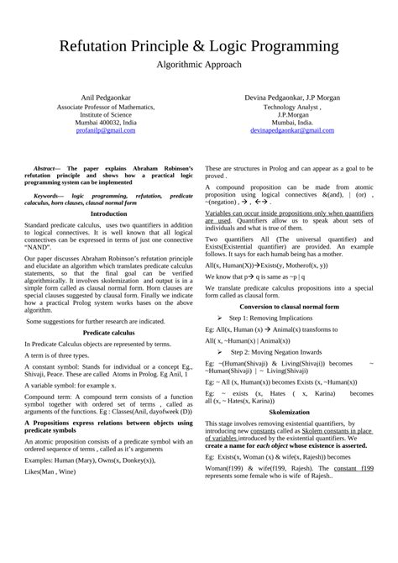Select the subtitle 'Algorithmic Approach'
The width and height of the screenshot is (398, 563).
[x=199, y=64]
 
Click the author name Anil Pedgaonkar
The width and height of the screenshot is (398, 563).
[x=105, y=99]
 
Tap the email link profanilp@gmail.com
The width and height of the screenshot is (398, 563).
[x=105, y=131]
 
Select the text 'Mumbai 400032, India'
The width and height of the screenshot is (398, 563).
[x=105, y=123]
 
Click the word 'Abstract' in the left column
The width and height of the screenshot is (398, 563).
[x=46, y=168]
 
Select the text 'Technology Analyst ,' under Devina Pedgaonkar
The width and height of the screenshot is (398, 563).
[x=291, y=108]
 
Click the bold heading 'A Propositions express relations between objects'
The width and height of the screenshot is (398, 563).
[x=109, y=445]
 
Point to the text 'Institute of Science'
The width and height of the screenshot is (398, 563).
[x=105, y=115]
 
